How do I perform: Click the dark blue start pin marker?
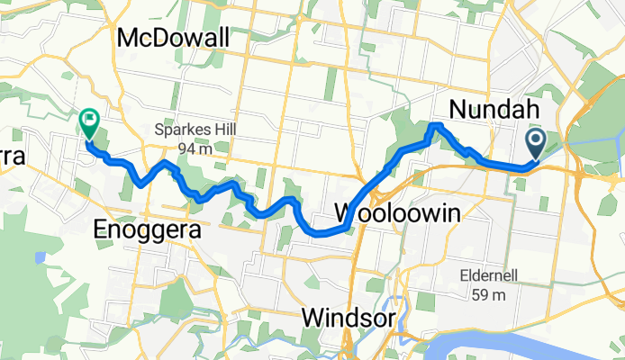[534, 142]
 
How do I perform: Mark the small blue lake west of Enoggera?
[41, 257]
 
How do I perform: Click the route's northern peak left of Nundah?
[437, 125]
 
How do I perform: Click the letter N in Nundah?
[456, 110]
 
